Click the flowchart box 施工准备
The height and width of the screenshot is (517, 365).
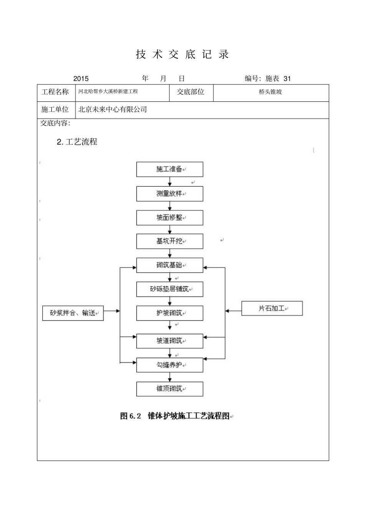coord(169,169)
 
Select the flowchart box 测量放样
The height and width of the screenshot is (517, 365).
coord(169,194)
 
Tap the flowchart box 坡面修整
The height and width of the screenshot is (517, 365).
coord(169,218)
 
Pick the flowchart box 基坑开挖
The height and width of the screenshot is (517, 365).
coord(169,242)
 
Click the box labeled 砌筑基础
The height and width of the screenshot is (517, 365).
coord(169,265)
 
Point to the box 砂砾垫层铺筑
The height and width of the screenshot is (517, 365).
coord(169,289)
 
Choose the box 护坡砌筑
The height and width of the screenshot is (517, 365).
coord(169,313)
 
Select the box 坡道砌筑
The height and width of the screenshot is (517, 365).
coord(169,341)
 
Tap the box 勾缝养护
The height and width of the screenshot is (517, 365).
coord(169,365)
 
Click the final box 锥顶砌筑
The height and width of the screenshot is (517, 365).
coord(169,389)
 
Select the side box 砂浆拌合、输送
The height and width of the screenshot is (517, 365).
coord(73,313)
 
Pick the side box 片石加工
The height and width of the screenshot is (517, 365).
coord(272,308)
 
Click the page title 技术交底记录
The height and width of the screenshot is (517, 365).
coord(182,55)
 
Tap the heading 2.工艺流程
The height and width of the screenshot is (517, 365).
coord(77,142)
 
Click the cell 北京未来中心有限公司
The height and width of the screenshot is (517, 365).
coord(113,109)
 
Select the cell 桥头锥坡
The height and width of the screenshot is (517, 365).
coord(270,92)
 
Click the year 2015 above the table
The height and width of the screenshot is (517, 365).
coord(81,79)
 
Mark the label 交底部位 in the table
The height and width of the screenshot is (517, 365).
coord(191,92)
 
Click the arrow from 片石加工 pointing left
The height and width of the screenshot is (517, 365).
coord(233,311)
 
